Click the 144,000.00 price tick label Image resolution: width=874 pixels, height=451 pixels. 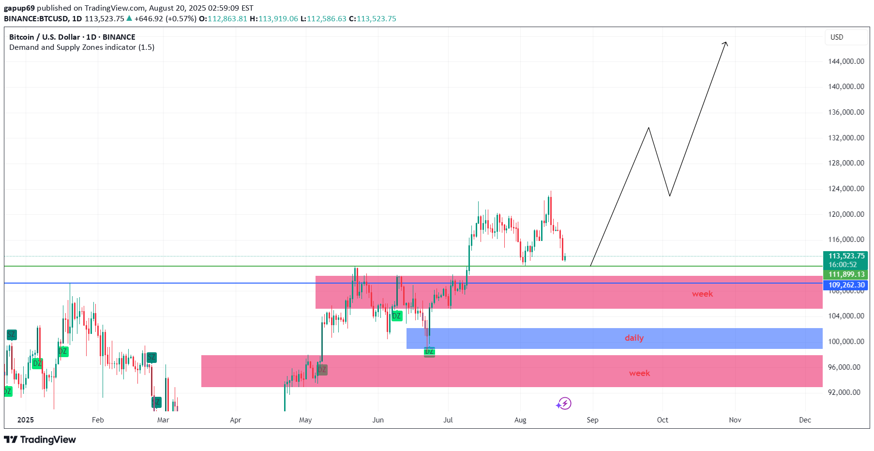[x=846, y=61]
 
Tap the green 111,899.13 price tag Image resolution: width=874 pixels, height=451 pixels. [x=846, y=274]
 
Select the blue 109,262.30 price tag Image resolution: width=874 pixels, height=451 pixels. [x=846, y=285]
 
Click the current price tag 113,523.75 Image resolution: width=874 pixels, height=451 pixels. [x=846, y=256]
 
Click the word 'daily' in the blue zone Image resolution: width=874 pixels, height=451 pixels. [x=634, y=338]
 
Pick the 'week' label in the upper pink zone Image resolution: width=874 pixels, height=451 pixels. [x=702, y=294]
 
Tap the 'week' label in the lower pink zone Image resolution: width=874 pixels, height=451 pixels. [x=639, y=373]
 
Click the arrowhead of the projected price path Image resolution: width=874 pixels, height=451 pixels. [x=725, y=44]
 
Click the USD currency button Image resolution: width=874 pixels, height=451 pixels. [x=837, y=37]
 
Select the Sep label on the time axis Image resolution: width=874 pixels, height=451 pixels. [x=592, y=420]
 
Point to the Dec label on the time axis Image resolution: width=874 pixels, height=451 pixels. [x=805, y=420]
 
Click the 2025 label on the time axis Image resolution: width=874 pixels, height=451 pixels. [x=26, y=420]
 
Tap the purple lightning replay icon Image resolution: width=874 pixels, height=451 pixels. [x=564, y=404]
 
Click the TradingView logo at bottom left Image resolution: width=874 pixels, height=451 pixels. [x=40, y=439]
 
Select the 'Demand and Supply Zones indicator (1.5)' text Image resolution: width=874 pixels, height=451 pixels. [x=82, y=47]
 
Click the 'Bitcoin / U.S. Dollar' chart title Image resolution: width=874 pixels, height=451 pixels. [x=45, y=37]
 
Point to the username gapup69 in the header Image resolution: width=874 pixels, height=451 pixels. [x=19, y=8]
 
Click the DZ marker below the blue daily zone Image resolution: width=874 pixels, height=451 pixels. [x=429, y=352]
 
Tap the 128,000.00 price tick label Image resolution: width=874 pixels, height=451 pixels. [x=846, y=163]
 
